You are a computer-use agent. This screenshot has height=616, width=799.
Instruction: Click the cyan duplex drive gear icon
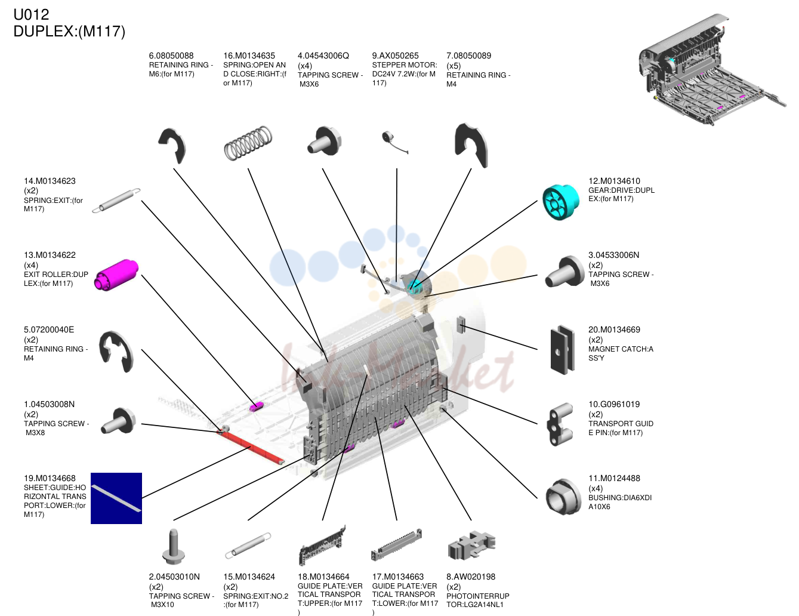tap(561, 202)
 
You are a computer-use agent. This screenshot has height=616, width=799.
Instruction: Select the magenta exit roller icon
tap(116, 275)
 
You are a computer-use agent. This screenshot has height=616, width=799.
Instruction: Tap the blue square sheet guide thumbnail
tap(116, 498)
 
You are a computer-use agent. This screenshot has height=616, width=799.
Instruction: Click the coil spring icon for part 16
tap(248, 143)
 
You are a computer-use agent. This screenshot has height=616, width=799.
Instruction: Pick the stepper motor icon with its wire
tap(394, 142)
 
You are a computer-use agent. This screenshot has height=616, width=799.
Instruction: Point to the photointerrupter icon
tap(471, 544)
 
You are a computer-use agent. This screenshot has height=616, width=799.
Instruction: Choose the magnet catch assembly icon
tap(562, 350)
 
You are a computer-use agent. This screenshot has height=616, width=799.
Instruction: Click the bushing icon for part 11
tap(563, 497)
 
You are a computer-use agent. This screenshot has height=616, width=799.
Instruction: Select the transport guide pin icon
tap(560, 424)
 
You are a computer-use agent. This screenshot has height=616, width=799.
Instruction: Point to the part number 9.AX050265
tap(395, 56)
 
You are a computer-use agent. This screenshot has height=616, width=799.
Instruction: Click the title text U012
tap(31, 15)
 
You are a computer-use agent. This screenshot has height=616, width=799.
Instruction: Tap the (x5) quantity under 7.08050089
tap(454, 66)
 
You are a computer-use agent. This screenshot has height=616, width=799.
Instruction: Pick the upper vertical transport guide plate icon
tap(322, 545)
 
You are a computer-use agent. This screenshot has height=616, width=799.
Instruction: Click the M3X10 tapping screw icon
tap(173, 547)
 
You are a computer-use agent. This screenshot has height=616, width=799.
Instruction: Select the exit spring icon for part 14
tap(116, 201)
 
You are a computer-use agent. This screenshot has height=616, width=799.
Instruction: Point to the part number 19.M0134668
tap(50, 478)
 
